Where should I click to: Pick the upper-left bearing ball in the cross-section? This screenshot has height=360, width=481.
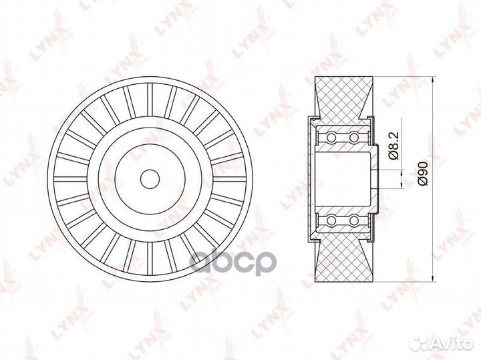[329, 138]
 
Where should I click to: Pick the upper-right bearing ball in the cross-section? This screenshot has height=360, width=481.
[353, 138]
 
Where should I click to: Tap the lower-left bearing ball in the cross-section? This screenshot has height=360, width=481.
[329, 219]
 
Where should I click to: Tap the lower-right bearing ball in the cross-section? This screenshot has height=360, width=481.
[353, 219]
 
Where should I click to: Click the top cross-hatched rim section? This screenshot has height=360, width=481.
[342, 98]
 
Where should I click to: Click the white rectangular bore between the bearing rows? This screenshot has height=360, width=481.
[342, 179]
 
